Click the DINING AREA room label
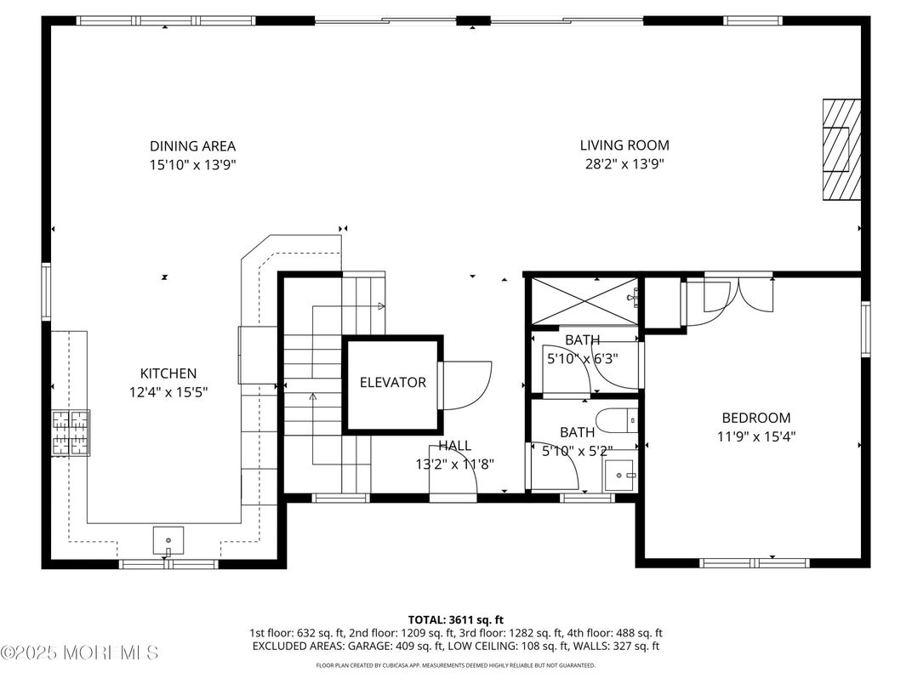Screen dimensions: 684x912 192,146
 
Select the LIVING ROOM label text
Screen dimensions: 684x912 624,145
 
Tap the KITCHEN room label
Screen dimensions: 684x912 168,373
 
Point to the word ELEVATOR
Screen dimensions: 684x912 392,383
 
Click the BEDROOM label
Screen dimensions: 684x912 755,418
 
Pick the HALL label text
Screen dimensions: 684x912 454,446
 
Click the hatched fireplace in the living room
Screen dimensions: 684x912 841,150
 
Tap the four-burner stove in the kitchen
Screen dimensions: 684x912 71,432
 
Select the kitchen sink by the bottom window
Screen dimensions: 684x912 168,539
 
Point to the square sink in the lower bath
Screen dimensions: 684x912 620,473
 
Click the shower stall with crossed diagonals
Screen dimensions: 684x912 584,301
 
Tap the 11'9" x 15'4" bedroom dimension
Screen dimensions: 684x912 755,436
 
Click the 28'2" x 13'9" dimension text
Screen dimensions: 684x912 624,164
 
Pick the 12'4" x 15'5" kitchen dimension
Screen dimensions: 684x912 168,392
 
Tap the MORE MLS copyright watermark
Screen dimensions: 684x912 79,653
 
